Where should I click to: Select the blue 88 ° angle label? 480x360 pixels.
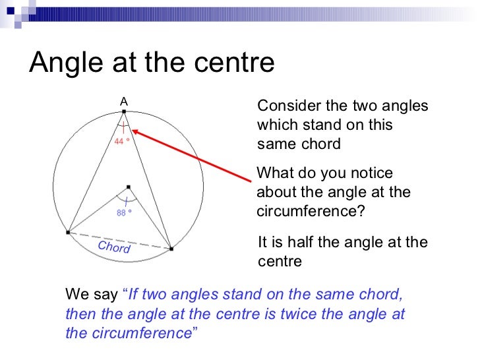(125, 212)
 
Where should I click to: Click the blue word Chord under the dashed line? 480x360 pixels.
(114, 247)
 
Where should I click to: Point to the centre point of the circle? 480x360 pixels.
(128, 187)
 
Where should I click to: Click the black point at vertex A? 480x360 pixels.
(123, 111)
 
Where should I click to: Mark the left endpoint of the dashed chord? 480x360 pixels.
(68, 232)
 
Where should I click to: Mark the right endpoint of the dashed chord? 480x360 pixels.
(171, 249)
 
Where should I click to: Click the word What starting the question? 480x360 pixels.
(272, 173)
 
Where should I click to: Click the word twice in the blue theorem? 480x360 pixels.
(301, 314)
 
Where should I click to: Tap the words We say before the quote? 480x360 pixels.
(92, 294)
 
